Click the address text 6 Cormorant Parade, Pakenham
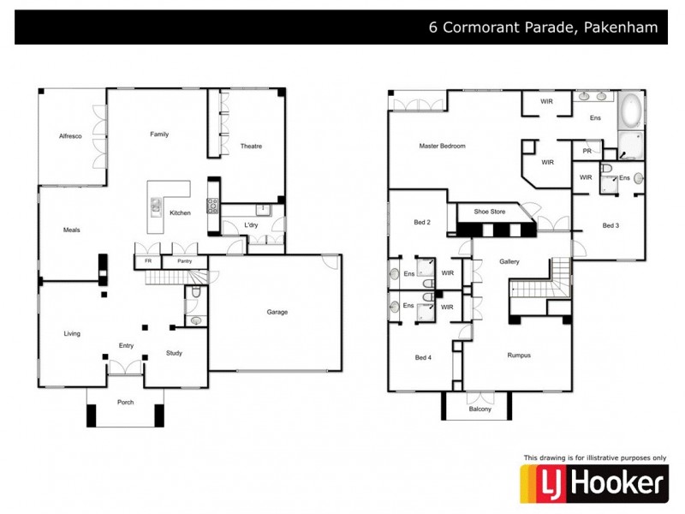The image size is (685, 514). click(543, 27)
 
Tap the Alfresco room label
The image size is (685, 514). click(70, 136)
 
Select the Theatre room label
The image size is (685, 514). click(251, 146)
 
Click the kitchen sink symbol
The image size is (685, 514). click(156, 206)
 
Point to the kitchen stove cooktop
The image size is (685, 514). click(212, 206)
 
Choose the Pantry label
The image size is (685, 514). click(184, 260)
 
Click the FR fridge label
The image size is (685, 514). click(148, 260)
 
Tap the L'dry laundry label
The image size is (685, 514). click(251, 225)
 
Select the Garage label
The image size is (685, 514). click(276, 312)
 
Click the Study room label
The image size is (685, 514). click(174, 353)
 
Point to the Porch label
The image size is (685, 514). click(125, 403)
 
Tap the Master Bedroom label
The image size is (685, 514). click(442, 146)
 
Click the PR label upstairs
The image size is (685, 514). click(587, 151)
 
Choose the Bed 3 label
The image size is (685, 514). click(610, 225)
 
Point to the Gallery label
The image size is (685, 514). click(510, 261)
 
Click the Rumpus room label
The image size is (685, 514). click(519, 355)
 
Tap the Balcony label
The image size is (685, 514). click(480, 409)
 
